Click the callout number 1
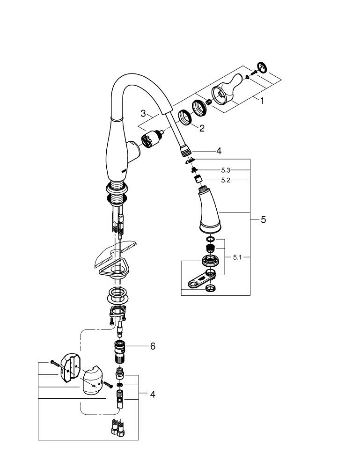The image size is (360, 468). tap(262, 101)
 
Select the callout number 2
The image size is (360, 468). tap(201, 128)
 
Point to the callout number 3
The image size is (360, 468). tap(144, 113)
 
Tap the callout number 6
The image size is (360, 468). tap(152, 346)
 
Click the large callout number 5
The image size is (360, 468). tap(263, 219)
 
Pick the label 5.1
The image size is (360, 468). tap(238, 257)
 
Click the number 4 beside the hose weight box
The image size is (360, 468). tap(152, 395)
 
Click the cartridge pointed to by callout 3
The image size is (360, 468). tap(151, 140)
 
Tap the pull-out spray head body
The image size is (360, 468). tap(209, 213)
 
